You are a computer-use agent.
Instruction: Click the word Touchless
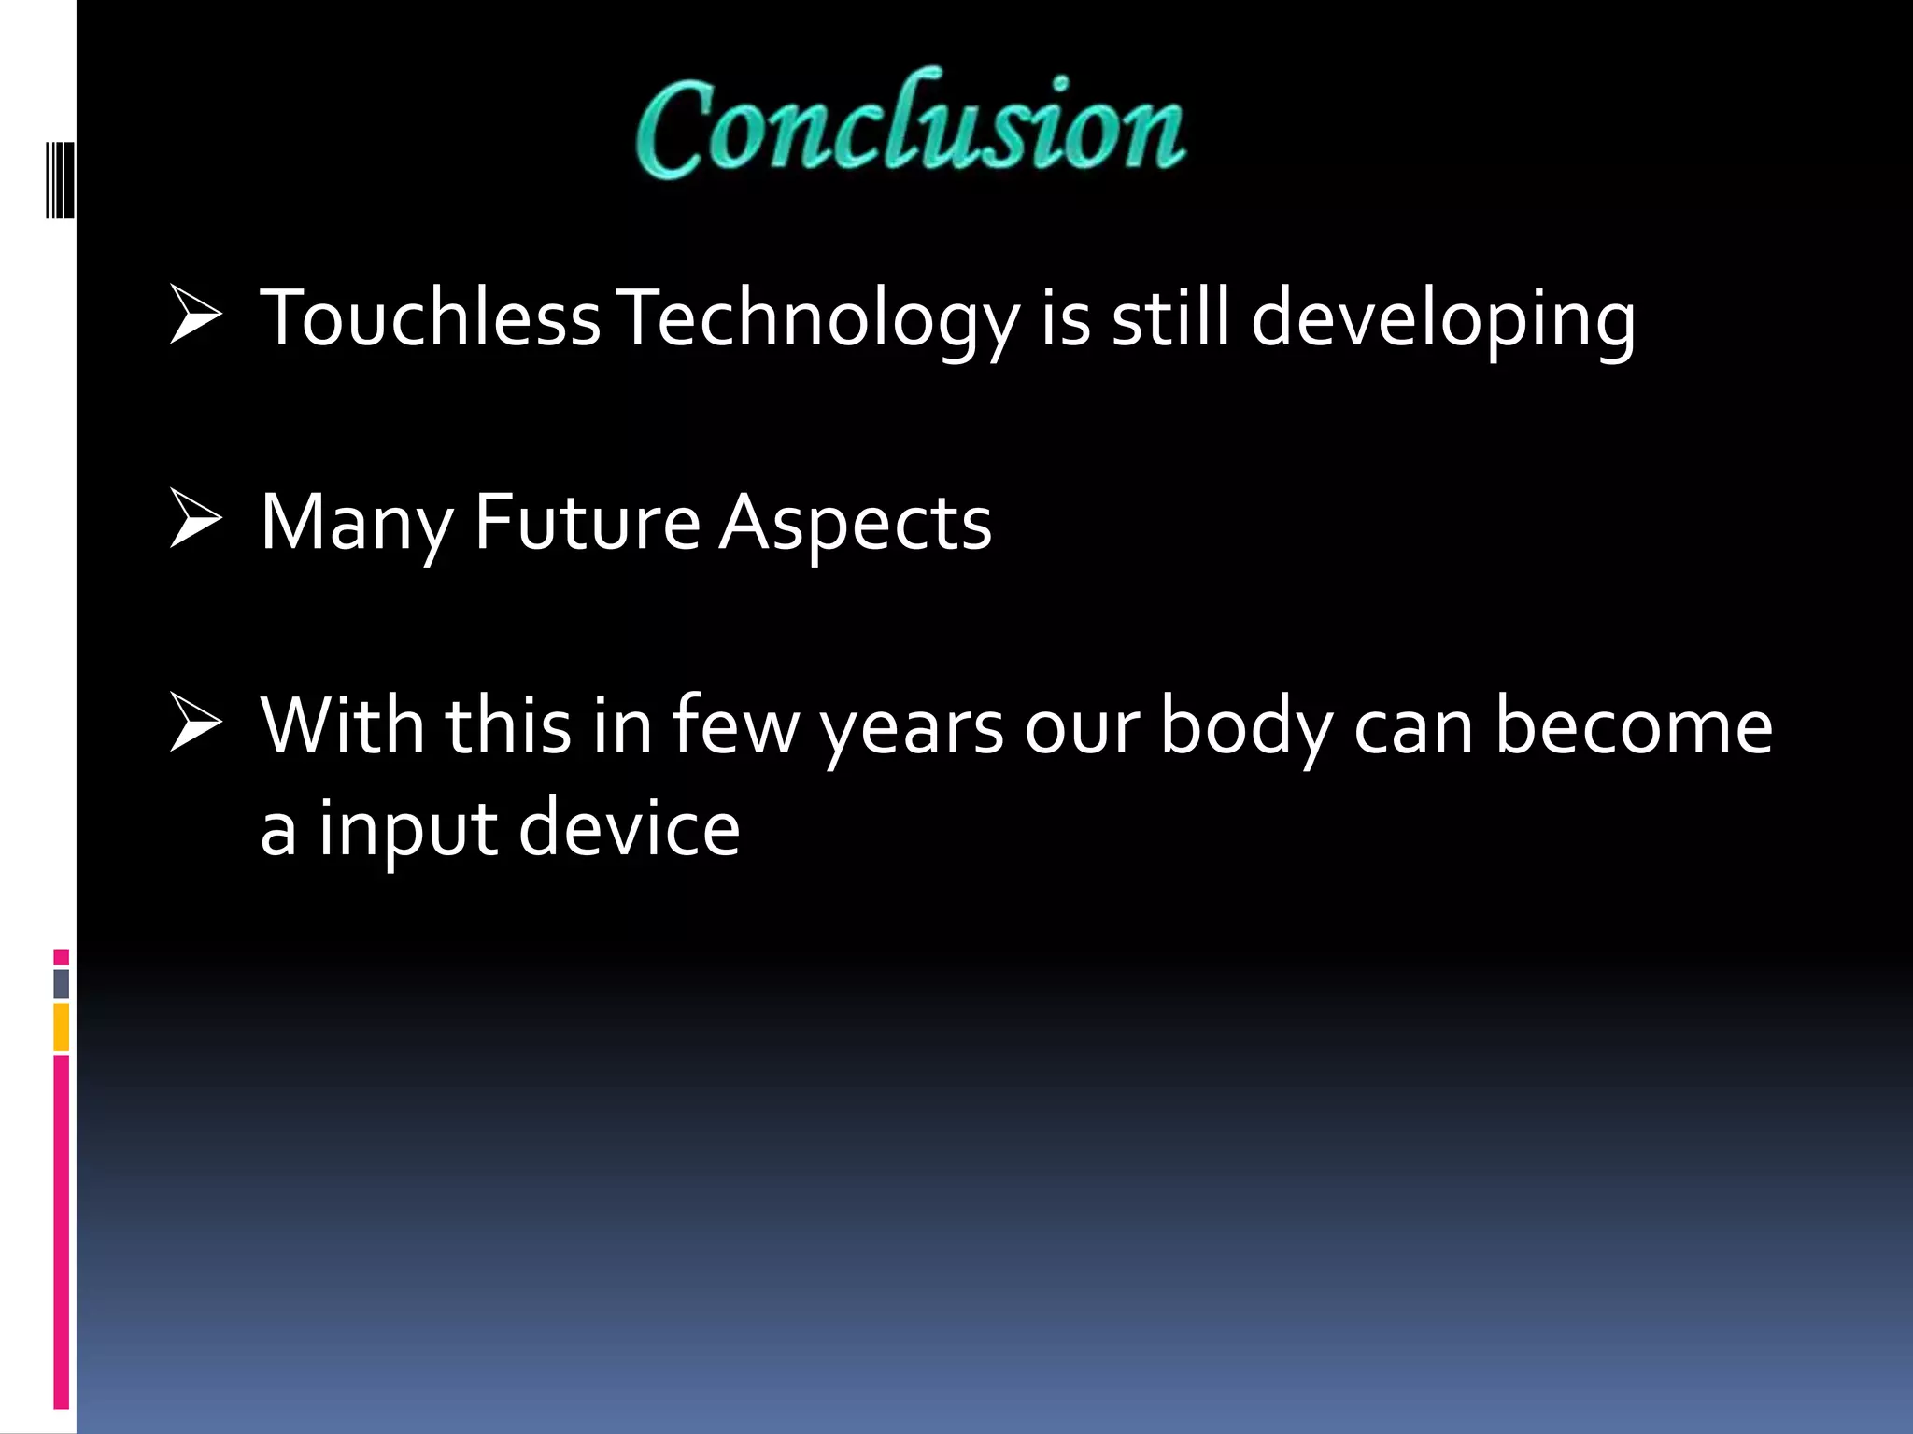(430, 318)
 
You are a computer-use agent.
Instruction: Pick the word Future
(587, 522)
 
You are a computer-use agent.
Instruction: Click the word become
(1634, 725)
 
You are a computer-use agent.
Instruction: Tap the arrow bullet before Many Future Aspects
(195, 522)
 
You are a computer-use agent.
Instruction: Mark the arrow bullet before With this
(195, 725)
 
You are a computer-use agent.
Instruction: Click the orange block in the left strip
(62, 1028)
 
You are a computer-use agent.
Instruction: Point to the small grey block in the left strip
(62, 984)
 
